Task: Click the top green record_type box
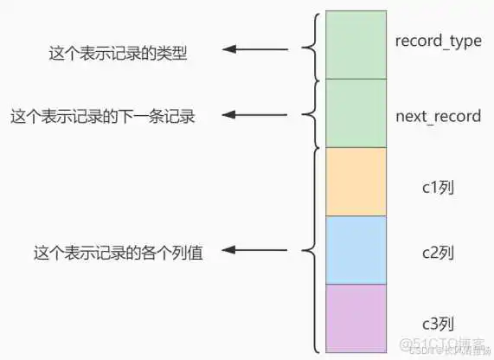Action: click(356, 45)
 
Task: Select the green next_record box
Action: click(356, 113)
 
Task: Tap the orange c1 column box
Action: click(356, 182)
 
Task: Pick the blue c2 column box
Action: click(356, 250)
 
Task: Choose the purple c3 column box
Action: click(356, 318)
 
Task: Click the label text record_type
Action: click(438, 42)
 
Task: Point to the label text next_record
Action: click(438, 117)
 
